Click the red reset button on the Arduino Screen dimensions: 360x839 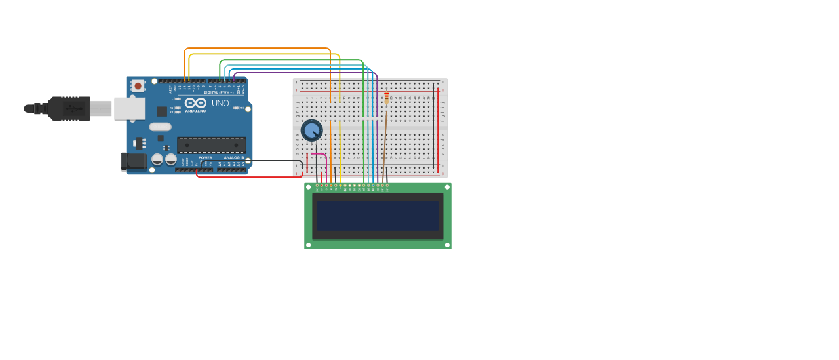[x=138, y=86]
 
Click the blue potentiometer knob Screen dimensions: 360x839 [x=311, y=130]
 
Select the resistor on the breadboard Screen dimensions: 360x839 [x=387, y=98]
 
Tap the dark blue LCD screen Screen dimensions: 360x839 [x=377, y=215]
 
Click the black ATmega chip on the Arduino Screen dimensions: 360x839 [x=211, y=145]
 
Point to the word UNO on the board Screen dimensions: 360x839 [x=220, y=103]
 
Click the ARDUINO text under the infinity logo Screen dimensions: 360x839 [x=195, y=111]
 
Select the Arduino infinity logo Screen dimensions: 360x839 [x=195, y=103]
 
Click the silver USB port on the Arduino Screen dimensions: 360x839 [x=129, y=108]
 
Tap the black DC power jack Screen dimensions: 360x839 [x=134, y=161]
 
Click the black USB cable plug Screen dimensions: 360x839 [x=69, y=108]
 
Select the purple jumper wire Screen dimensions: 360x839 [x=308, y=73]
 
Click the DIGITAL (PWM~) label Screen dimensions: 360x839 [x=218, y=92]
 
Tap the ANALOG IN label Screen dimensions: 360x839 [x=234, y=157]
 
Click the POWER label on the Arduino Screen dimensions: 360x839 [x=205, y=157]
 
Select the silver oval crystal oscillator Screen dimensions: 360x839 [x=160, y=127]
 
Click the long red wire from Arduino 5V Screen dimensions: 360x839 [x=249, y=177]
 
